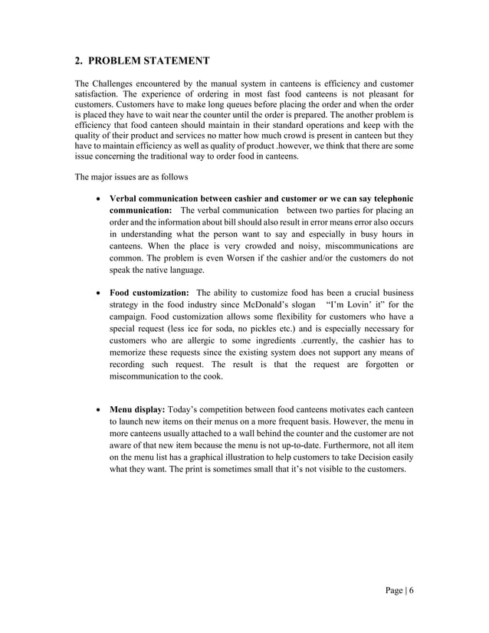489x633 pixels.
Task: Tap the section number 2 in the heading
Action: coord(77,60)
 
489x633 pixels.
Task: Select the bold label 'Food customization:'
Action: coord(149,293)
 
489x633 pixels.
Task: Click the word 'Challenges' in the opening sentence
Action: coord(117,82)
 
